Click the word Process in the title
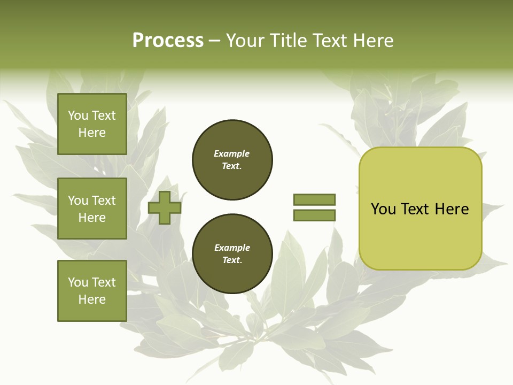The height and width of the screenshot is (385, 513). pos(168,41)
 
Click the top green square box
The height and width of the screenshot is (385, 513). pos(92,124)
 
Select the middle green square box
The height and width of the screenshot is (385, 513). pos(92,209)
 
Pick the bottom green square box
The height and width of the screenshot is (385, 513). pos(92,291)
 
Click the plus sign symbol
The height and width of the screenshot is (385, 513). pos(165,207)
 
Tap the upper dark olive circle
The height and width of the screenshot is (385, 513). pos(232,159)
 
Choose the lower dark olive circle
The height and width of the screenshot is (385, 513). pos(232,253)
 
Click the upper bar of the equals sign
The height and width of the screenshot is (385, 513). pos(314,199)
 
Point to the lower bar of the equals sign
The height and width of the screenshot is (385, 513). pos(314,215)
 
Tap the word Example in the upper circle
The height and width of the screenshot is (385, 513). pos(232,153)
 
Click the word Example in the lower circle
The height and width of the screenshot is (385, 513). pos(232,248)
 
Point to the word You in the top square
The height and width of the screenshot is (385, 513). pos(78,115)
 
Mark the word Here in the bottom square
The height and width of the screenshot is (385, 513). pos(92,299)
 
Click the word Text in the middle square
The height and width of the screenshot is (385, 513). pos(104,201)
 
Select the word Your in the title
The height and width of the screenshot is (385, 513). pos(246,41)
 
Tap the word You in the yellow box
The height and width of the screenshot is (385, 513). pos(383,209)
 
